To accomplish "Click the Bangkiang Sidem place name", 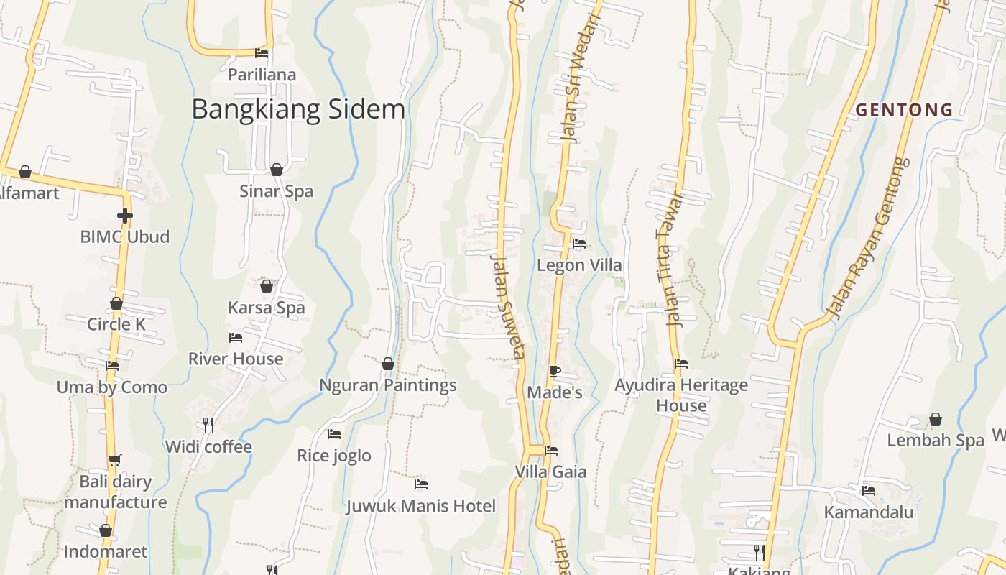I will (x=298, y=109).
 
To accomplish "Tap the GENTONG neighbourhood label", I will (x=904, y=110).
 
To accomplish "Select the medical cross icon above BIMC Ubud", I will (x=125, y=215).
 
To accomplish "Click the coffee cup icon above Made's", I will (x=554, y=371).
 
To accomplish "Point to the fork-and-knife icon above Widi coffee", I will (x=208, y=425).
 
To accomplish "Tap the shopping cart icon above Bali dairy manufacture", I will (x=114, y=460).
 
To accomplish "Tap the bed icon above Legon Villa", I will (x=579, y=244).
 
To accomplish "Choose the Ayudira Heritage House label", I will (x=681, y=395).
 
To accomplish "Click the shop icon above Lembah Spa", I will (x=936, y=418).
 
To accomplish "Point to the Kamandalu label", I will (x=869, y=512).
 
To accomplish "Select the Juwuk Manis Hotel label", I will (x=421, y=506).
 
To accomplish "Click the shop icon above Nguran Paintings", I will (x=388, y=364).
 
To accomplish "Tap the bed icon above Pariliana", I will (x=262, y=52).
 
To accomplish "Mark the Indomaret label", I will (x=106, y=552).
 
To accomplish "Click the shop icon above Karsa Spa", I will (x=267, y=286).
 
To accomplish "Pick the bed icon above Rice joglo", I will (x=334, y=433).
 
